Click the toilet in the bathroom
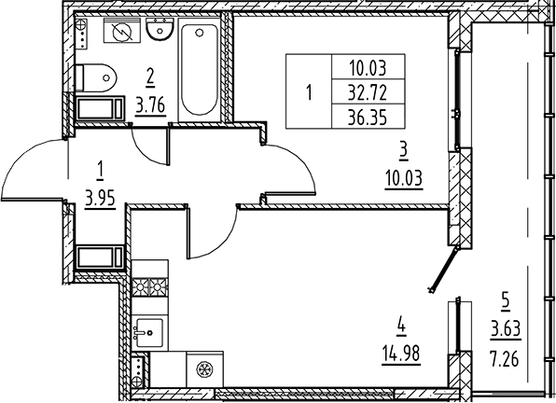pyautogui.click(x=96, y=77)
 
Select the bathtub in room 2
pyautogui.click(x=199, y=69)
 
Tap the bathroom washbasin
pyautogui.click(x=160, y=29)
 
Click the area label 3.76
pyautogui.click(x=150, y=105)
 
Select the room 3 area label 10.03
pyautogui.click(x=404, y=178)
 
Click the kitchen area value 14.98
pyautogui.click(x=401, y=353)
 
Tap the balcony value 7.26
pyautogui.click(x=505, y=359)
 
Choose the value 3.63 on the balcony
pyautogui.click(x=506, y=329)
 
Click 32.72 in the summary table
pyautogui.click(x=368, y=93)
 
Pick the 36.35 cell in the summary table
pyautogui.click(x=368, y=118)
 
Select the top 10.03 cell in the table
pyautogui.click(x=368, y=68)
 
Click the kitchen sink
pyautogui.click(x=149, y=332)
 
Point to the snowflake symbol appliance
pyautogui.click(x=204, y=369)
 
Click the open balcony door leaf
pyautogui.click(x=444, y=269)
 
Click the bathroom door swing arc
pyautogui.click(x=146, y=150)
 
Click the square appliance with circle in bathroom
pyautogui.click(x=122, y=31)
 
